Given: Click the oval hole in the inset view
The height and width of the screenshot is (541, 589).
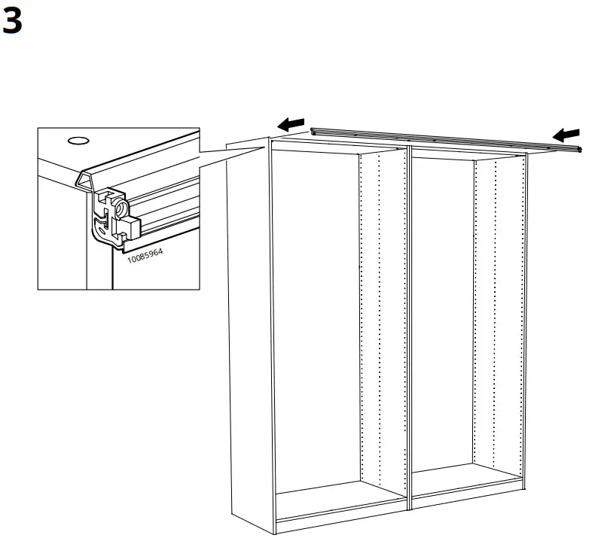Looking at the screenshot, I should (77, 140).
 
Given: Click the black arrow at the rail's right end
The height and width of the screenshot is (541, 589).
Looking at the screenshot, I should (566, 134).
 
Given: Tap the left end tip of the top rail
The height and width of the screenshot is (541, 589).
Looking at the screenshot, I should (313, 129).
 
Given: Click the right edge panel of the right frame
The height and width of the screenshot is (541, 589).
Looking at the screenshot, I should (525, 316).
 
